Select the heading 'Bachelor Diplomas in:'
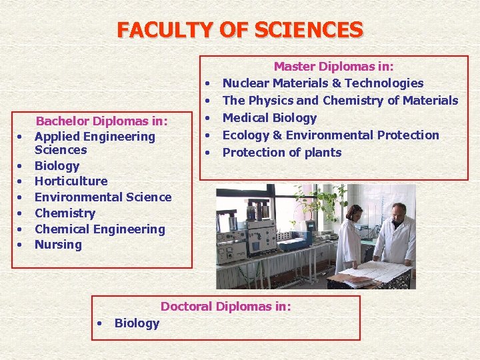[x=101, y=121]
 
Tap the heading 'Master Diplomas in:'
[x=333, y=67]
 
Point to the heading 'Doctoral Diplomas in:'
[x=225, y=307]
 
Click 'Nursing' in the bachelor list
[x=58, y=245]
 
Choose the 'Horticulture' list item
[x=71, y=181]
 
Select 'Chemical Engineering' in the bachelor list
[x=99, y=229]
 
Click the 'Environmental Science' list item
[x=103, y=197]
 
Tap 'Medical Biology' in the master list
[x=269, y=118]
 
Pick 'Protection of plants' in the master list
[x=281, y=153]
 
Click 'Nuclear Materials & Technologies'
[x=323, y=83]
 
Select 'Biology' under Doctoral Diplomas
[x=137, y=323]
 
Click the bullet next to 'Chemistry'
[x=21, y=213]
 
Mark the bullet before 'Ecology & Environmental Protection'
[x=209, y=135]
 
